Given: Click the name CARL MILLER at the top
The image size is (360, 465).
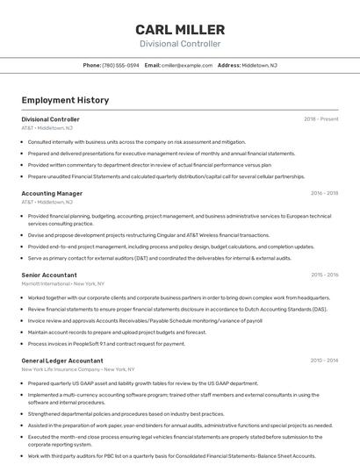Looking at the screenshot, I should click(180, 30).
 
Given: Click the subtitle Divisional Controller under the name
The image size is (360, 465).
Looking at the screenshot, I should click(180, 44).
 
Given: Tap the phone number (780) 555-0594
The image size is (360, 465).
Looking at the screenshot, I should click(120, 65).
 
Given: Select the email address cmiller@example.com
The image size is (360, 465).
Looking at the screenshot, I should click(187, 65).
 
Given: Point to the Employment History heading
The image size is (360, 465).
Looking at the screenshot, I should click(65, 100).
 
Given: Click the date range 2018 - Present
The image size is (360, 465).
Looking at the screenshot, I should click(321, 119).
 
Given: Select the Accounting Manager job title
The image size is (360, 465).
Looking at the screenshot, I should click(52, 193).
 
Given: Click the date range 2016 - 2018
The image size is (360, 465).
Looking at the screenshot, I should click(324, 193).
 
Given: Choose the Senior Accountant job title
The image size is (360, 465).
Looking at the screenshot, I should click(49, 275).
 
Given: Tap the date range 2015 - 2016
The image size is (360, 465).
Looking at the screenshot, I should click(324, 275).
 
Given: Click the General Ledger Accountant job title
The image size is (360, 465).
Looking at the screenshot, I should click(62, 361).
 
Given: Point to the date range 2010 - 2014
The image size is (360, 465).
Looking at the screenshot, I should click(324, 361).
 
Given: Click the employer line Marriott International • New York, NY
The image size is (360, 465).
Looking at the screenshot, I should click(63, 283).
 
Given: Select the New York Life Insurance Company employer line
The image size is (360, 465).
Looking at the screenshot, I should click(76, 369).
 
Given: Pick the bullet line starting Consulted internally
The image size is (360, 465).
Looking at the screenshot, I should click(136, 141).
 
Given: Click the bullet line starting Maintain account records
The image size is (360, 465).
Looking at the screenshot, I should click(117, 332).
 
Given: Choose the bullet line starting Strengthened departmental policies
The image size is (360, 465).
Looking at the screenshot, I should click(126, 413).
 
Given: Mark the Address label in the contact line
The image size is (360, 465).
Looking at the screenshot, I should click(228, 65).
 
